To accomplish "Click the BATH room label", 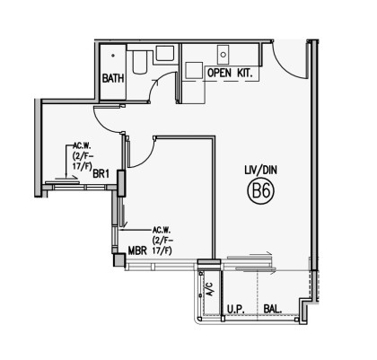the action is [113, 78].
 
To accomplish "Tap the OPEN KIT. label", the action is [230, 73].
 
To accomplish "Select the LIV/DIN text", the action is [260, 171].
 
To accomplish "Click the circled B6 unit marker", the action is [261, 191].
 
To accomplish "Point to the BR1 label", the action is [101, 174].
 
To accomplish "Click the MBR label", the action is [137, 250].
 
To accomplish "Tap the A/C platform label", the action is [210, 289].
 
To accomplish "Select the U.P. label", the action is [236, 309].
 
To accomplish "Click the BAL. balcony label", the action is [273, 309].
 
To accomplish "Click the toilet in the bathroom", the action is [139, 62].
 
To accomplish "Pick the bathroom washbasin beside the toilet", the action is [164, 54].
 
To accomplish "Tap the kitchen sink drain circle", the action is [224, 55].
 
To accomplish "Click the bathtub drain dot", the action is [113, 55].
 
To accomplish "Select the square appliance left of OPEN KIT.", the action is [194, 71].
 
